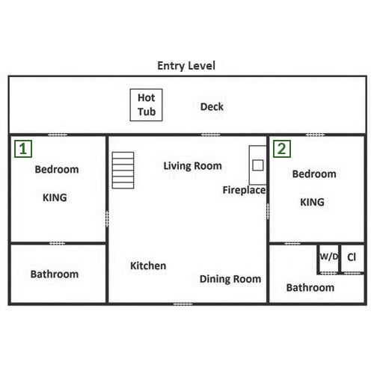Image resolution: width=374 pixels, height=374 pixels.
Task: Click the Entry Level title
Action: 186,66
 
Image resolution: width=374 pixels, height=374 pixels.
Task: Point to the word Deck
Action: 212,107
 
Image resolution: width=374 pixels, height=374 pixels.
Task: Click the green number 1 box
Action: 23,149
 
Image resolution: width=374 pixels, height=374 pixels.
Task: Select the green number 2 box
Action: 282,149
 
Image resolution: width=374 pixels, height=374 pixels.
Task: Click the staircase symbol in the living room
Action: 123,171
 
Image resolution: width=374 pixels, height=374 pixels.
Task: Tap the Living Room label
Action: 192,166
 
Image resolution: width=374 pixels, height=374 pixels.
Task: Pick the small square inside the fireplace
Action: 258,165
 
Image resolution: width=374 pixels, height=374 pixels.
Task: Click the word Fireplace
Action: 244,190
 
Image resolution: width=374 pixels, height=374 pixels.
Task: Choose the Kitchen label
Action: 148,266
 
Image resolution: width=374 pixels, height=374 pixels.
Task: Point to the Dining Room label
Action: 230,279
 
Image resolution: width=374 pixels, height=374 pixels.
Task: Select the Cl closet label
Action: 352,257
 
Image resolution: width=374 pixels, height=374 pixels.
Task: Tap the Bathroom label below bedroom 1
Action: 55,275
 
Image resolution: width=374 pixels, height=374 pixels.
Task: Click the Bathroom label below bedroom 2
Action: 310,288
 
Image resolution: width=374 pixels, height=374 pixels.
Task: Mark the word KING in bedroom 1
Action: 55,197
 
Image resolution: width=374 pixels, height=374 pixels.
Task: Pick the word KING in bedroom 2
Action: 312,202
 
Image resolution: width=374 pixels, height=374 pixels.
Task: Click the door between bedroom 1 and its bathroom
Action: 57,243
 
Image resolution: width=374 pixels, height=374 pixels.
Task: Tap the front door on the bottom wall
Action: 183,304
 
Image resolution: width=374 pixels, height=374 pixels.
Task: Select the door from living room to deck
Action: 211,135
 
